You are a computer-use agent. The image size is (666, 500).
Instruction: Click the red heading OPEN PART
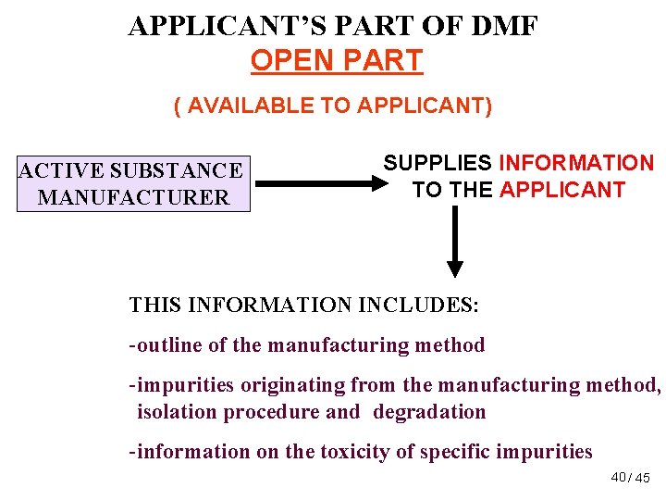(336, 60)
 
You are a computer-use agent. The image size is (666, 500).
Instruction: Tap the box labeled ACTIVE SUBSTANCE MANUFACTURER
(133, 183)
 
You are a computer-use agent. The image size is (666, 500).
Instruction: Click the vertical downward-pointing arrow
(454, 241)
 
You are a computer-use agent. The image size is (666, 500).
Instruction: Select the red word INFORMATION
(576, 164)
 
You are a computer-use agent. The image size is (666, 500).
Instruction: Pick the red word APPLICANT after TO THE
(562, 191)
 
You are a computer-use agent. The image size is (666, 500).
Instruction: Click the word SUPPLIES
(438, 164)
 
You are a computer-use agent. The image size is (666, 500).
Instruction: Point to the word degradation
(429, 412)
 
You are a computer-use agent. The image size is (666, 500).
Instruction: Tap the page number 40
(619, 477)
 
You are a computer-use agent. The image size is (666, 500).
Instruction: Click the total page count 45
(644, 478)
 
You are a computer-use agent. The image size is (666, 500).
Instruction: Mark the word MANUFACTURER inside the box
(133, 197)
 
